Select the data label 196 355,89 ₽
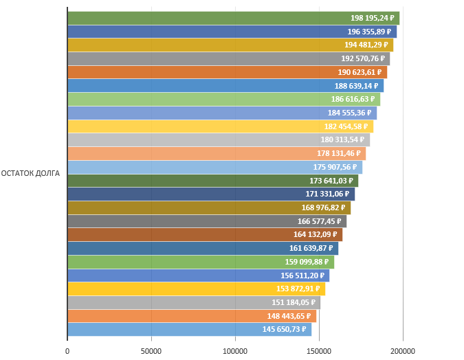[369, 32]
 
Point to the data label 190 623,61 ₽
[360, 72]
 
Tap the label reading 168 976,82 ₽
[323, 207]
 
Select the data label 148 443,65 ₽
[289, 316]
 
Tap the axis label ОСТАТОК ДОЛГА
[31, 173]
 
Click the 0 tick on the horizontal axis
[67, 351]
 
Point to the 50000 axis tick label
[151, 351]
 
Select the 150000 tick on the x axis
[319, 351]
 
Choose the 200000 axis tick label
[403, 351]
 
